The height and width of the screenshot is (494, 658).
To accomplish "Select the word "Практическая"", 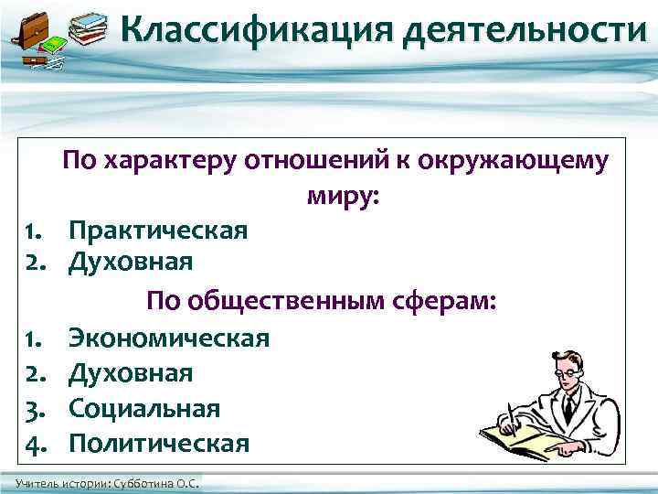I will [x=158, y=230].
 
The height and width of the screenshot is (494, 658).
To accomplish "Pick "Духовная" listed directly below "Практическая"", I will [x=131, y=263].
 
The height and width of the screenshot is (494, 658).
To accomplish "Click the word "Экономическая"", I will [x=169, y=338].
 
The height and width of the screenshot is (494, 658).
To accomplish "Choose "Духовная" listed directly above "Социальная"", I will [x=131, y=373].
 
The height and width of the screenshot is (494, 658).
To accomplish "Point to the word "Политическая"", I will [x=159, y=443].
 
